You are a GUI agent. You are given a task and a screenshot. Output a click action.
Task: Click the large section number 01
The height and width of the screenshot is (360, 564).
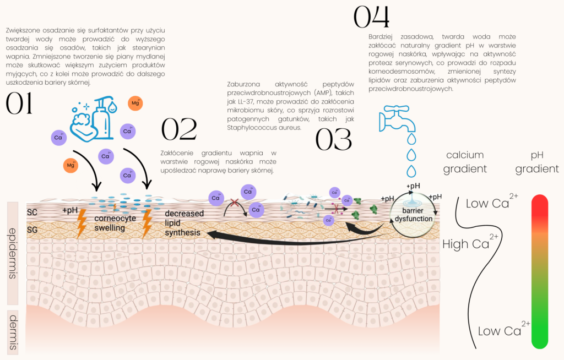click(19, 104)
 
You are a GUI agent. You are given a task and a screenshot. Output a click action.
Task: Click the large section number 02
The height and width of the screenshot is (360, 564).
click(179, 130)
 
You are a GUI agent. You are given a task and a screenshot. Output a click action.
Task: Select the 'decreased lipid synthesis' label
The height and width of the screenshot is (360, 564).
click(184, 223)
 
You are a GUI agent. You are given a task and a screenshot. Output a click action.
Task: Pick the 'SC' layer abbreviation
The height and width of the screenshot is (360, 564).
click(32, 212)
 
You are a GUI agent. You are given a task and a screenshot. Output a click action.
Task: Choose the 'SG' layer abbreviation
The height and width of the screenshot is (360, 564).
click(32, 229)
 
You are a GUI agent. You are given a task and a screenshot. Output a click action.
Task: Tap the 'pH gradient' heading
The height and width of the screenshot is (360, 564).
click(537, 162)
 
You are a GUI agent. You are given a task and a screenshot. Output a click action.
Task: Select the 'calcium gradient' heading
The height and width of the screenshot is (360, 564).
click(465, 162)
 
